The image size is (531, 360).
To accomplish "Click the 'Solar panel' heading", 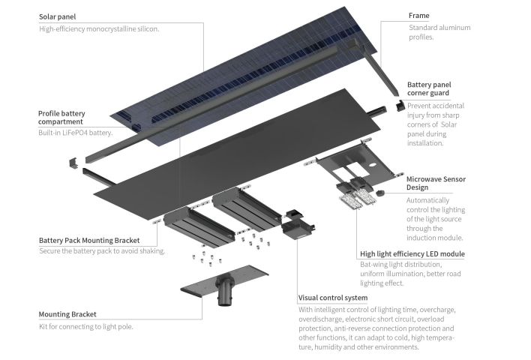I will pyautogui.click(x=58, y=16).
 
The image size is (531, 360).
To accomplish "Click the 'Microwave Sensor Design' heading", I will pyautogui.click(x=439, y=184).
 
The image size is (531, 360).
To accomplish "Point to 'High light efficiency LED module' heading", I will pyautogui.click(x=412, y=254).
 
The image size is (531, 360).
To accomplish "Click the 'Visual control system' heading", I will pyautogui.click(x=333, y=298).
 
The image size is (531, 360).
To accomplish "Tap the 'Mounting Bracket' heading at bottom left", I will pyautogui.click(x=67, y=314).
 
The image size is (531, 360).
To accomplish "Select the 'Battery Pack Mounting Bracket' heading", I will pyautogui.click(x=89, y=241).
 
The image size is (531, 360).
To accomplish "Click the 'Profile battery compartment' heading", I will pyautogui.click(x=71, y=117).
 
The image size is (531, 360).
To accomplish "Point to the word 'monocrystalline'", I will pyautogui.click(x=111, y=29).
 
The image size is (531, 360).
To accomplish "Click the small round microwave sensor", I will pyautogui.click(x=379, y=193).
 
